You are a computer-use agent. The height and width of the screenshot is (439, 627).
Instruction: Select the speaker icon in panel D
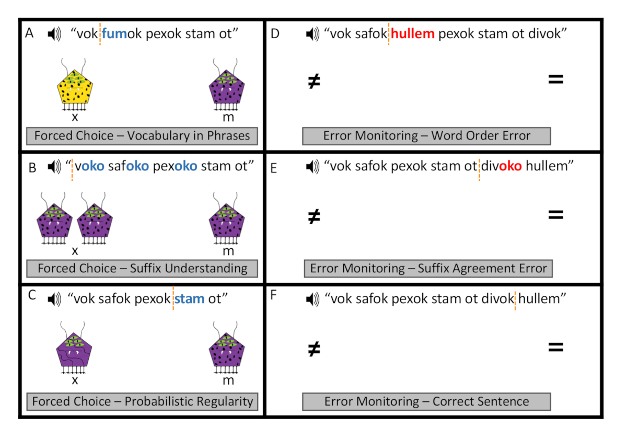click(312, 34)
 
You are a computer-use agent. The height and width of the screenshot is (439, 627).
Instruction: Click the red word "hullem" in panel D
click(413, 34)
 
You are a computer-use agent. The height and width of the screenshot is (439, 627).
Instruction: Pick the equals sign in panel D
click(555, 80)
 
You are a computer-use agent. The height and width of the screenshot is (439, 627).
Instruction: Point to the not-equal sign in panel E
click(314, 215)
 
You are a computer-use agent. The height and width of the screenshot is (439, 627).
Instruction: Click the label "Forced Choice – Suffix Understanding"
click(142, 269)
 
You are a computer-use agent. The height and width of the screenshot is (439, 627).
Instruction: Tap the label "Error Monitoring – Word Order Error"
click(426, 136)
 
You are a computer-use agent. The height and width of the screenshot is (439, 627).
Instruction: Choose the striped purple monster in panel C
click(75, 353)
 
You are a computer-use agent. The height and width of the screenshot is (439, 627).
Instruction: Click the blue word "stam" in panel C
click(190, 299)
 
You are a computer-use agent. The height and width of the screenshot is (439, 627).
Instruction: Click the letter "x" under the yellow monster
click(75, 117)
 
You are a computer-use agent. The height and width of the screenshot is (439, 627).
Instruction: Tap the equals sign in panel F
click(555, 346)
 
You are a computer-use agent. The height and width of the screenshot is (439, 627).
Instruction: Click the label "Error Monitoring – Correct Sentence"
click(426, 401)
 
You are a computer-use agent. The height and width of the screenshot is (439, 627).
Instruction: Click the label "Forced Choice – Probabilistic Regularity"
click(142, 401)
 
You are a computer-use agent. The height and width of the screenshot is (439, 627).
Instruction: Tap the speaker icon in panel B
click(54, 167)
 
